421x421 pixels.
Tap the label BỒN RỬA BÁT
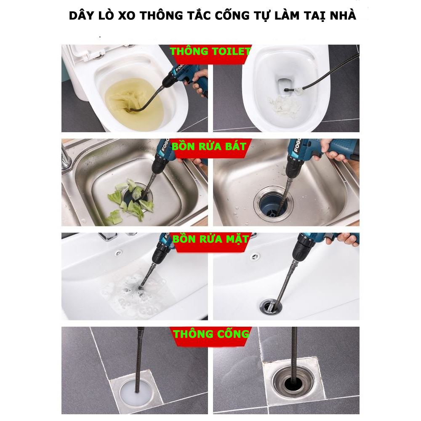pos(209,147)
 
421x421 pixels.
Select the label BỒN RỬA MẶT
pos(211,239)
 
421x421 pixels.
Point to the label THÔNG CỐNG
pos(211,334)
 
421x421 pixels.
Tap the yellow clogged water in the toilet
pos(134,102)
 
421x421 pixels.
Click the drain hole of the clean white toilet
pos(285,85)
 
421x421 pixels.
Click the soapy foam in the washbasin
pos(134,296)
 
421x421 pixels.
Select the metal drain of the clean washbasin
pos(271,306)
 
